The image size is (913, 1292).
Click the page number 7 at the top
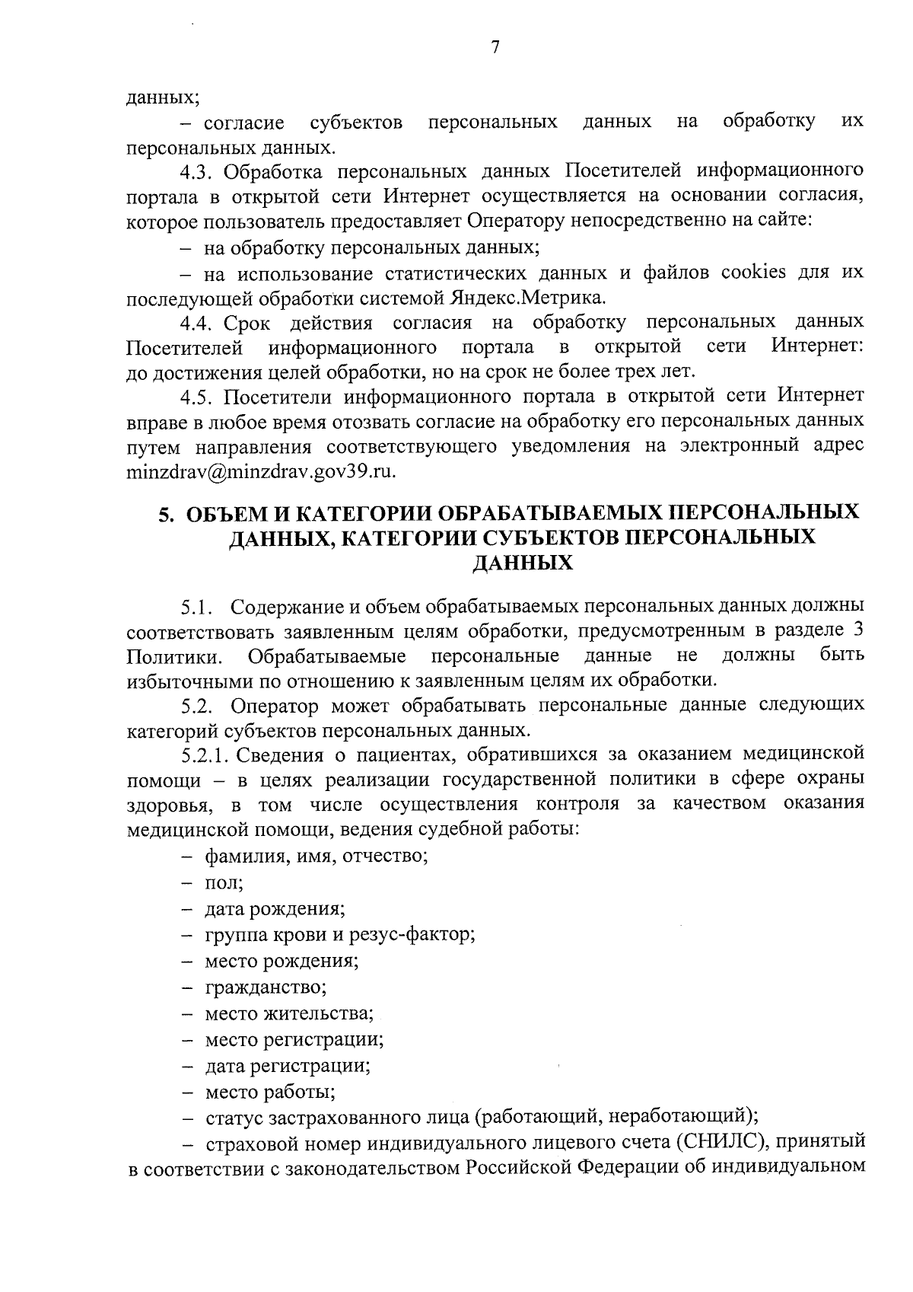[x=495, y=48]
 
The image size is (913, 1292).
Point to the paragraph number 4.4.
[x=196, y=323]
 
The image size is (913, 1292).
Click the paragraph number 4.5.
[x=196, y=397]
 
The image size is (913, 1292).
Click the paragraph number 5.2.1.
[x=204, y=754]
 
